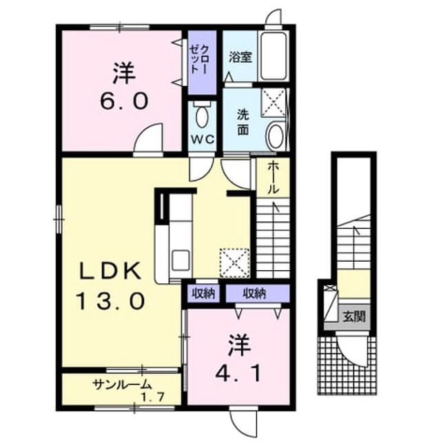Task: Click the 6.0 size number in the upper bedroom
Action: (x=124, y=101)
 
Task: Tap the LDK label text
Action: (x=110, y=271)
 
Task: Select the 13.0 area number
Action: (x=112, y=300)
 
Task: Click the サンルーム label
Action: (x=122, y=384)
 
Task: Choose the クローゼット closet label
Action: (x=199, y=59)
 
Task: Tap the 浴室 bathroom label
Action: (x=240, y=57)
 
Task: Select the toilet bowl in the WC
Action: (x=202, y=116)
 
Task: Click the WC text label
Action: (x=203, y=139)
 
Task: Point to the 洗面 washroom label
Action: (x=243, y=123)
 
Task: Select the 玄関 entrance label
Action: (x=354, y=317)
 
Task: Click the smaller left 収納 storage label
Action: (x=203, y=294)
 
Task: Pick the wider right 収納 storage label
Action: (x=254, y=294)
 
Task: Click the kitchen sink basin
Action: (x=181, y=260)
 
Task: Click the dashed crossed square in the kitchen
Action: (x=234, y=263)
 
